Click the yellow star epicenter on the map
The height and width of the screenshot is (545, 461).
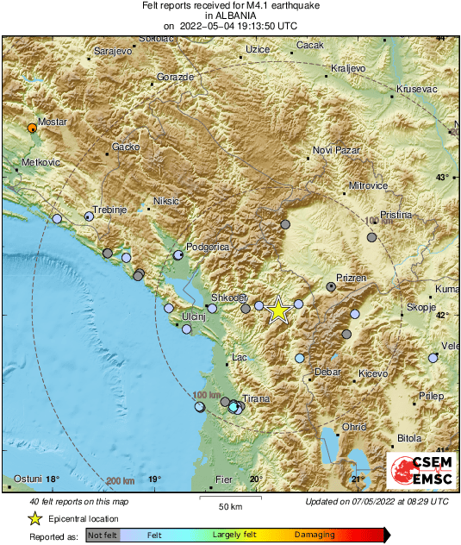[277, 310]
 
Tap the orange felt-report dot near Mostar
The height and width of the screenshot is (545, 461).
[33, 128]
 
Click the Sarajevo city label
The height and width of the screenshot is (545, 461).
[111, 52]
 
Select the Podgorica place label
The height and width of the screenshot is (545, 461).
[208, 247]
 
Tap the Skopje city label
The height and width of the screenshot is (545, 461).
[421, 308]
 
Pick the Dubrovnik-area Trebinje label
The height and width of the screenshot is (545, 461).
[110, 210]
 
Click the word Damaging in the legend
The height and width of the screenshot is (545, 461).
[315, 535]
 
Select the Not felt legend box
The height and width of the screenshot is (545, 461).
[103, 536]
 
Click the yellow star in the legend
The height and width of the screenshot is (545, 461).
[34, 519]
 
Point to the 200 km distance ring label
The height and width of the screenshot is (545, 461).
[122, 480]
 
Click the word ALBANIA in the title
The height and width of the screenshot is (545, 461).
[229, 16]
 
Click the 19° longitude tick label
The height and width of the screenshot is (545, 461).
[153, 479]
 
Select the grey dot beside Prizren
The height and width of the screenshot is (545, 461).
[331, 286]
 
